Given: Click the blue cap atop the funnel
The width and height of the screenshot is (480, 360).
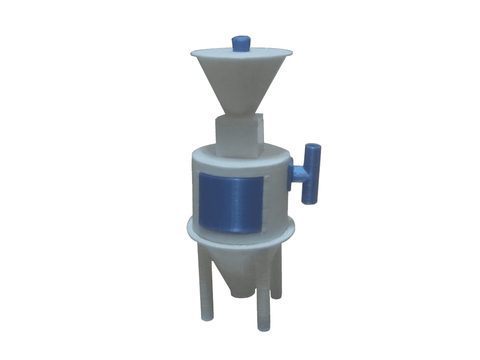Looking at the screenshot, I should [241, 43].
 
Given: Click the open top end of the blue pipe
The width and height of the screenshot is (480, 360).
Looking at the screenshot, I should [313, 147].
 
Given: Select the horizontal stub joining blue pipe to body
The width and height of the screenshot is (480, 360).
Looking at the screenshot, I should [297, 173].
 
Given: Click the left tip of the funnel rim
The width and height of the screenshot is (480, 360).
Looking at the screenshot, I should [193, 54].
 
